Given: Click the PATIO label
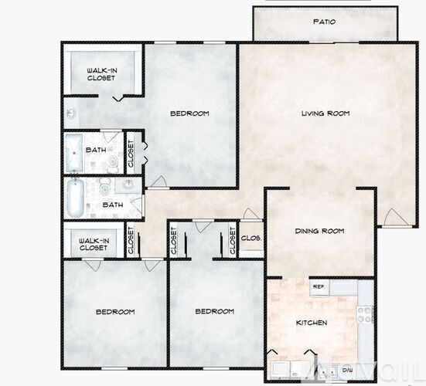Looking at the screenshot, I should [x=324, y=22].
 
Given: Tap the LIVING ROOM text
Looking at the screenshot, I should [x=325, y=113].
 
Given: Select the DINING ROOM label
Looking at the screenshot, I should [x=319, y=231].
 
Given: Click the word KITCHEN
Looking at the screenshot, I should [x=311, y=322].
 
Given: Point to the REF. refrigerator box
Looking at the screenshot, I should [x=318, y=286].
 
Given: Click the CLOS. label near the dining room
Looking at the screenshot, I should [x=250, y=238].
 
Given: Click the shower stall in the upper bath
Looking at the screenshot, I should [x=73, y=152].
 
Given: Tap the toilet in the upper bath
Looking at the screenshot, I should [x=113, y=161].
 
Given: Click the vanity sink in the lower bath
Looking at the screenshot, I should [x=126, y=185].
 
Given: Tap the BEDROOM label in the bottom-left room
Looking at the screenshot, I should [x=115, y=312].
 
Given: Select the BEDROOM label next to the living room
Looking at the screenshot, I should [x=189, y=113].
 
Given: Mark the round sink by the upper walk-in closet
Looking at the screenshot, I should [x=71, y=114].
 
